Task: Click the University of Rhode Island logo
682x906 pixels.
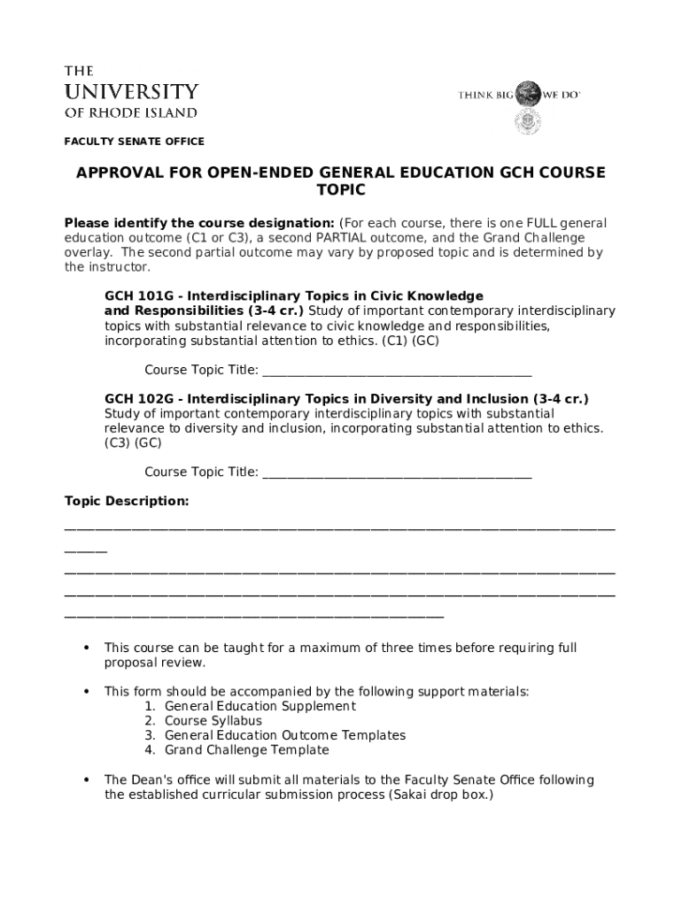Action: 131,91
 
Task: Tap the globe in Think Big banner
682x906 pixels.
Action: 528,93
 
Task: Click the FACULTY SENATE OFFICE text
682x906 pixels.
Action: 135,142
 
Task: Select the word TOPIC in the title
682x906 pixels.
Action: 340,190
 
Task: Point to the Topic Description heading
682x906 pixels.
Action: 127,502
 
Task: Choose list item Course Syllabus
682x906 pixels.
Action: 213,721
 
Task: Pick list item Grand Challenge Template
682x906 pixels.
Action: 246,750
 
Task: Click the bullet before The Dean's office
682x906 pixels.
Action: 86,780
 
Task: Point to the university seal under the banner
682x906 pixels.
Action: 528,122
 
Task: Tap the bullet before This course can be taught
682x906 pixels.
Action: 86,649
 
